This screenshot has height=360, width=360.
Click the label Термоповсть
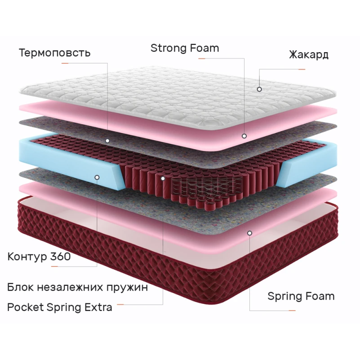pyautogui.click(x=54, y=53)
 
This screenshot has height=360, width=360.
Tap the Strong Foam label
pyautogui.click(x=185, y=48)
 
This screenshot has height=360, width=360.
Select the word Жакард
pyautogui.click(x=308, y=55)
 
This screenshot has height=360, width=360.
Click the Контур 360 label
pyautogui.click(x=39, y=257)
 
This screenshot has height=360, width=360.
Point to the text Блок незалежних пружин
pyautogui.click(x=78, y=288)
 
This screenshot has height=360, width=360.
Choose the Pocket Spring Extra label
pyautogui.click(x=60, y=307)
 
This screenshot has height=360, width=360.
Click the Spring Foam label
pyautogui.click(x=301, y=296)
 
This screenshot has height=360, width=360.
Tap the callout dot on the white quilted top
pyautogui.click(x=259, y=89)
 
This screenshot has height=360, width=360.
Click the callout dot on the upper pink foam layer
pyautogui.click(x=244, y=136)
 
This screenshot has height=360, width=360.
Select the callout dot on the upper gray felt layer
pyautogui.click(x=108, y=141)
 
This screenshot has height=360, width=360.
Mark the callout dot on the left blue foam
pyautogui.click(x=97, y=177)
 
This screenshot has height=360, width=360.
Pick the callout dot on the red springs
pyautogui.click(x=163, y=178)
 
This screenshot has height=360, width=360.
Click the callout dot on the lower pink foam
pyautogui.click(x=250, y=233)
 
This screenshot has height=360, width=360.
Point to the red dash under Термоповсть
pyautogui.click(x=65, y=63)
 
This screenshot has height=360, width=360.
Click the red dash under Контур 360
pyautogui.click(x=54, y=267)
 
